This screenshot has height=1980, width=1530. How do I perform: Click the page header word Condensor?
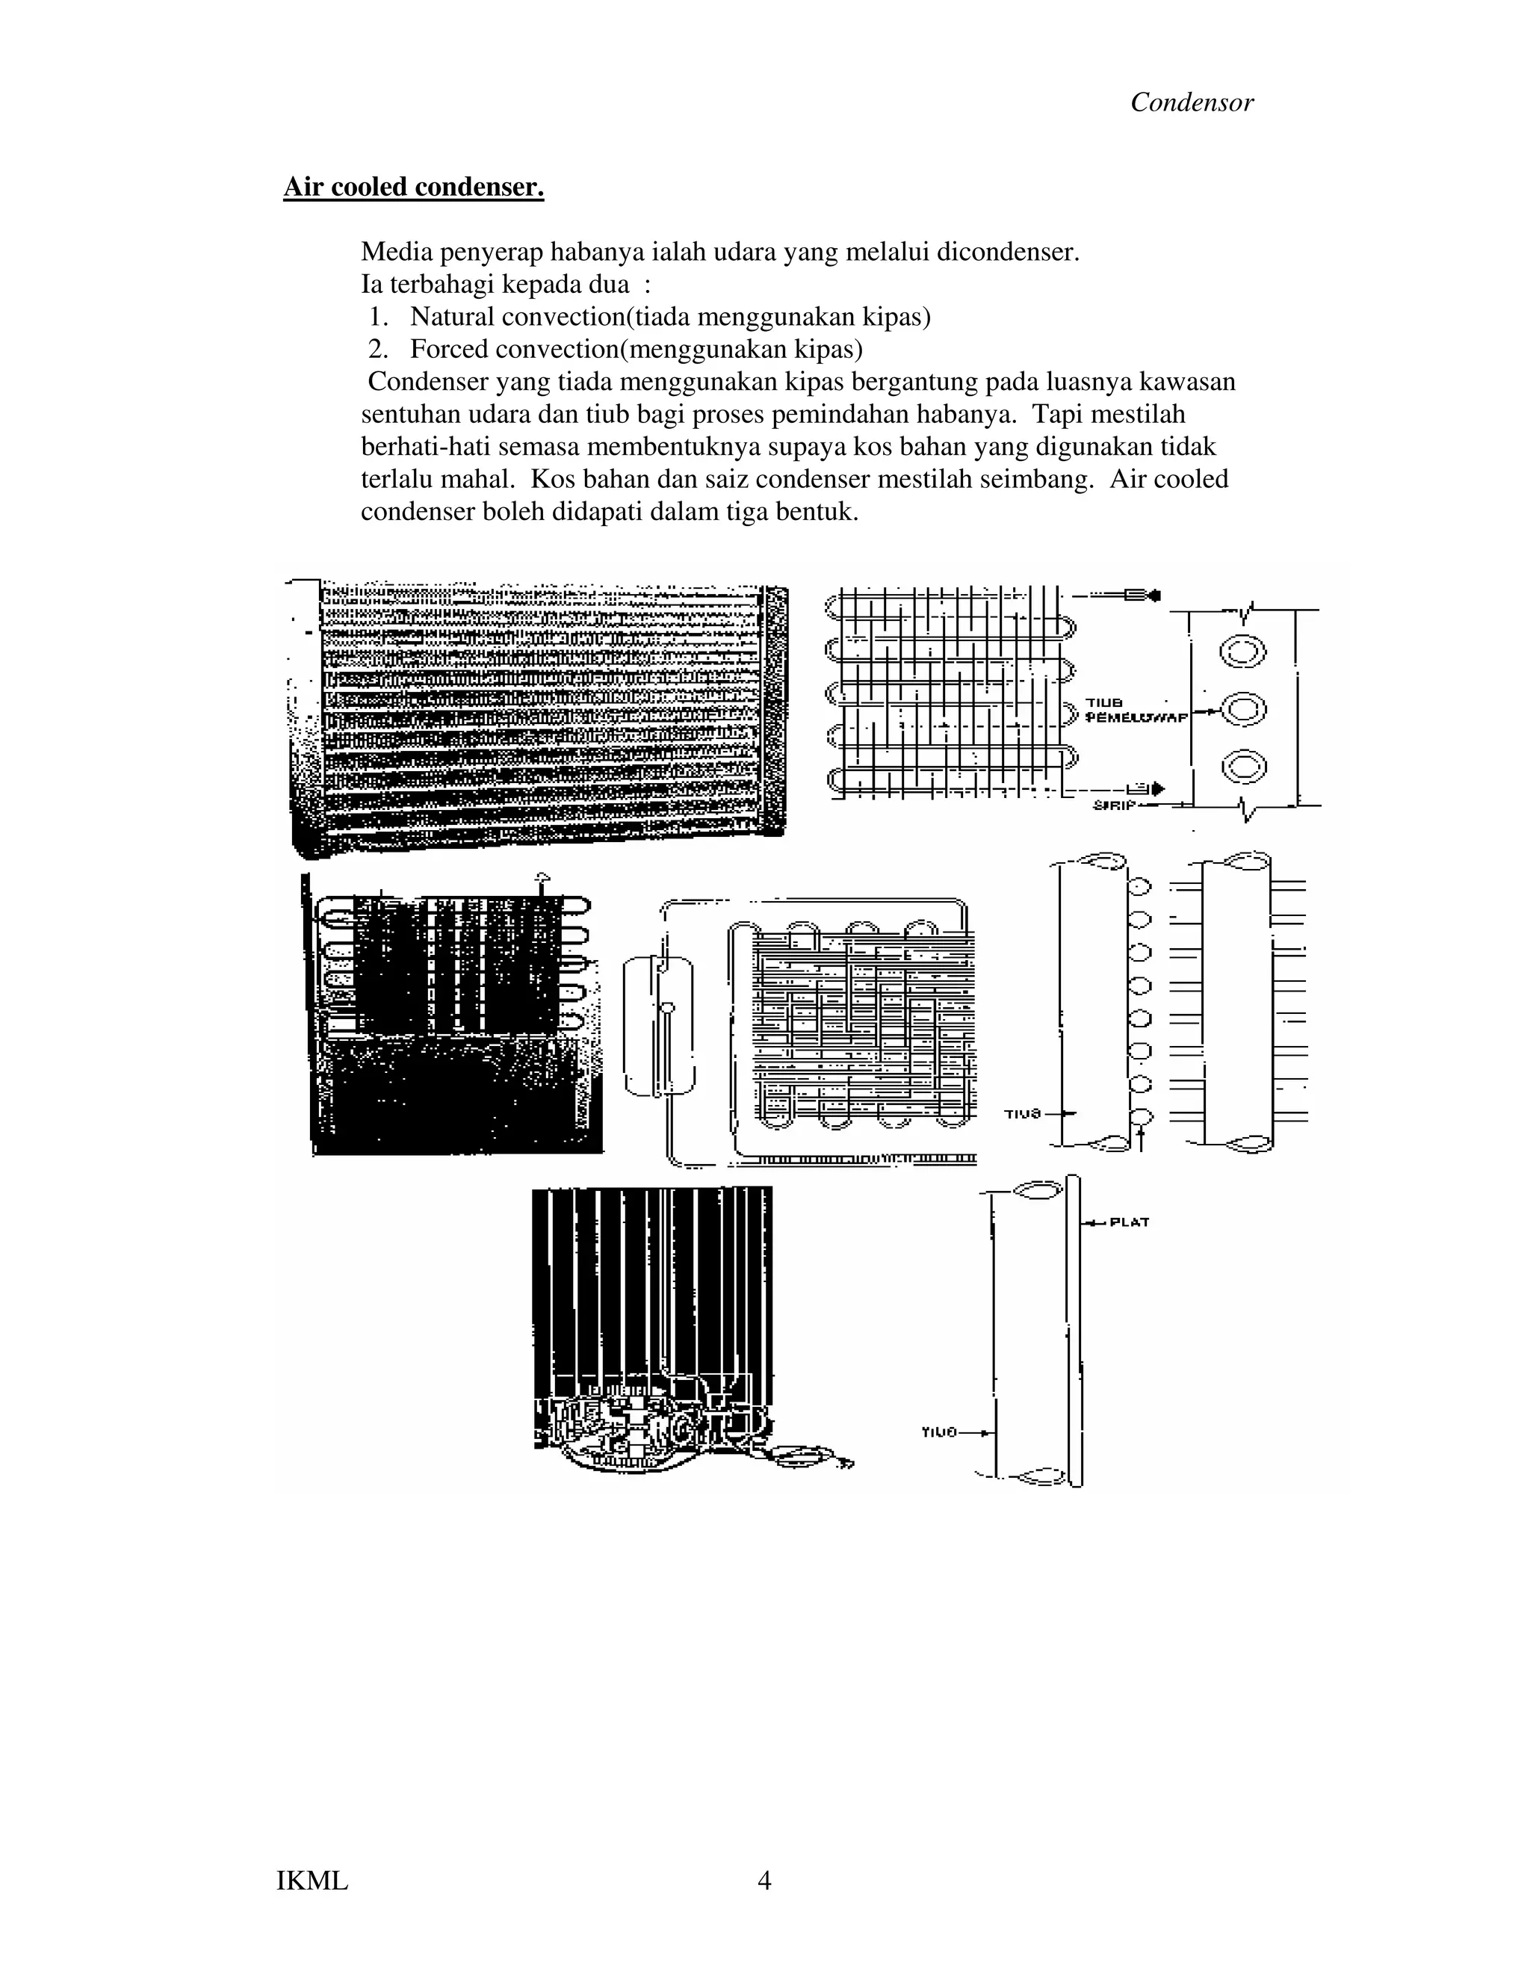pyautogui.click(x=1191, y=102)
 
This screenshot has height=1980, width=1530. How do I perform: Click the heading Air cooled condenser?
pyautogui.click(x=413, y=187)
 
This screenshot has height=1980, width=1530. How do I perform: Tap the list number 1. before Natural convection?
pyautogui.click(x=379, y=318)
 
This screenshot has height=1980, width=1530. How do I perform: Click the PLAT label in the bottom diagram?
pyautogui.click(x=1130, y=1223)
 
